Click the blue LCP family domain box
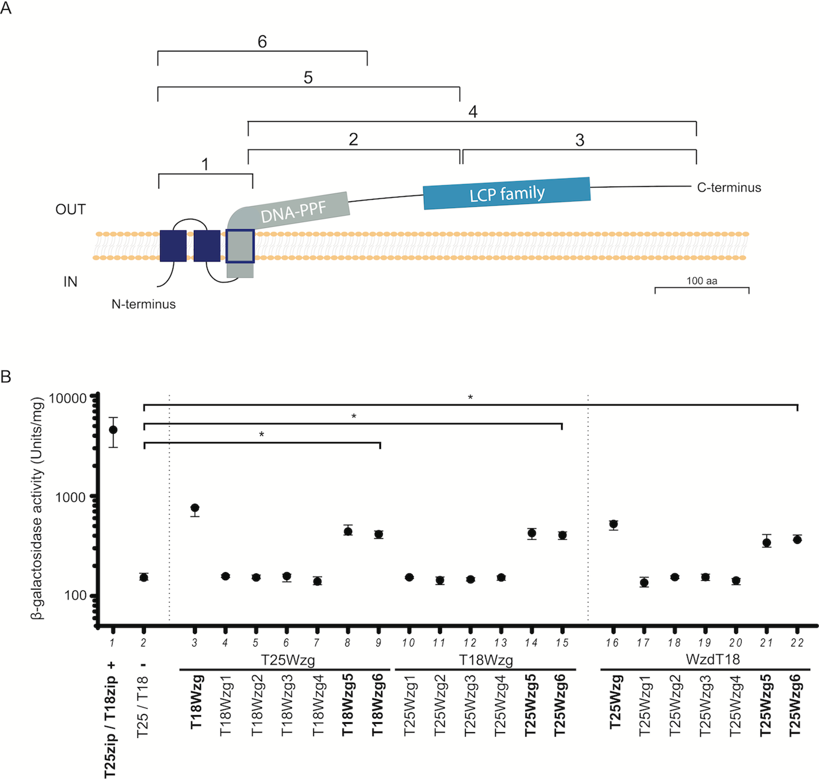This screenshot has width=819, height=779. point(507,193)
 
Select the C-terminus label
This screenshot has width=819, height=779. point(729,187)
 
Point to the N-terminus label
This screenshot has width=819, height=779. point(144,304)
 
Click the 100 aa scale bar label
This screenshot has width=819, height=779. point(702,281)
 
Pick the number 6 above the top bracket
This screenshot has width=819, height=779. point(262,41)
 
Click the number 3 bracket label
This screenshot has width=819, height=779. point(580,140)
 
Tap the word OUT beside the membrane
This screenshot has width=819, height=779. point(70,209)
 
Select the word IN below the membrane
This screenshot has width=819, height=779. point(70,282)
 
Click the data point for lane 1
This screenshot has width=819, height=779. point(113,430)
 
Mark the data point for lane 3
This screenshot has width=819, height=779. point(194,507)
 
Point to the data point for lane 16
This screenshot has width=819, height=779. point(613,524)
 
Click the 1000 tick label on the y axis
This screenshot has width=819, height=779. point(71,497)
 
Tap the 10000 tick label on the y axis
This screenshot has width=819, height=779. point(68,398)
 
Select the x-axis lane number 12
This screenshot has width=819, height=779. point(470,643)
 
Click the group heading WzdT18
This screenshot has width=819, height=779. point(713,659)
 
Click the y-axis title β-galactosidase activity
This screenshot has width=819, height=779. point(38,508)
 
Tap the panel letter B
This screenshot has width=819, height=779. point(6,377)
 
